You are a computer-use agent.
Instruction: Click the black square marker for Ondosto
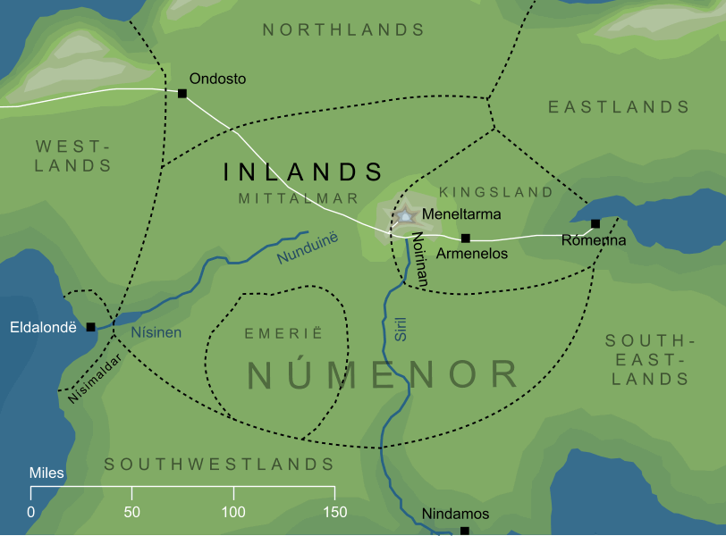pos(182,93)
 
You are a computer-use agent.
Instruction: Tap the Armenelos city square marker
pos(465,239)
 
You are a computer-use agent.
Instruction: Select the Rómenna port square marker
pos(595,223)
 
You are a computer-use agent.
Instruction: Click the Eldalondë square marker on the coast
pos(90,327)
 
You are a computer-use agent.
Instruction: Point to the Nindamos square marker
pos(464,531)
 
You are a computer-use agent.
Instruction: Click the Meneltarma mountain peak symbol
pos(405,215)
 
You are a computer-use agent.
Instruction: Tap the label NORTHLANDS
pos(343,30)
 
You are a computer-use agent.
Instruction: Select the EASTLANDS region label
pos(619,107)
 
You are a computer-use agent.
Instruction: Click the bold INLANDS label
pos(303,172)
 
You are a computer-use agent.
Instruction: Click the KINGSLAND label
pos(496,192)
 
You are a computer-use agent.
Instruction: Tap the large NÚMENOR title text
pos(383,375)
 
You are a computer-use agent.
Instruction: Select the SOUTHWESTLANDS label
pos(219,465)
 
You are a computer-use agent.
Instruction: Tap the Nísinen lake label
pos(156,332)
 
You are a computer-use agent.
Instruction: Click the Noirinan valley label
pos(420,260)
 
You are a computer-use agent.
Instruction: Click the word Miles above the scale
pos(46,473)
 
